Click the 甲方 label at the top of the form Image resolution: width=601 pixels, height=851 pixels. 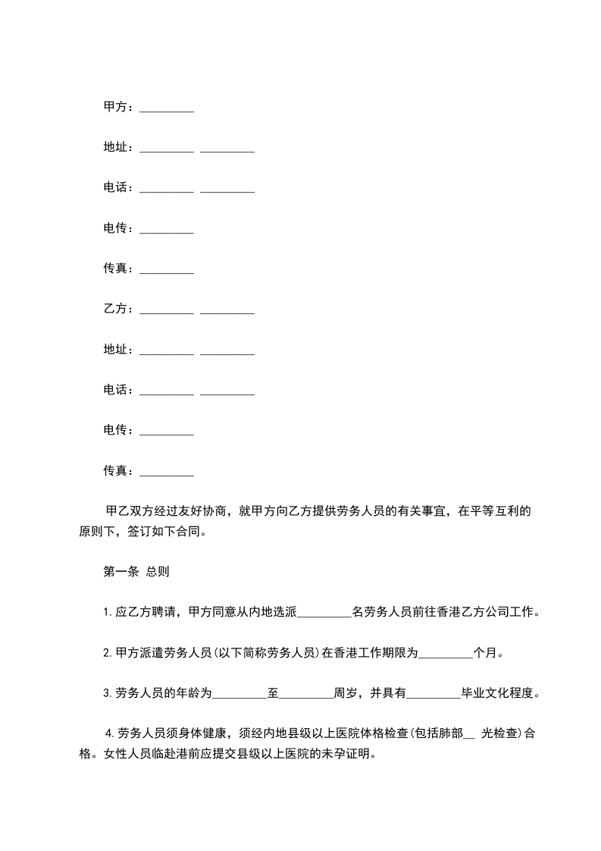click(115, 108)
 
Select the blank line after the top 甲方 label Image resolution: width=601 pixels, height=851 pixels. click(167, 109)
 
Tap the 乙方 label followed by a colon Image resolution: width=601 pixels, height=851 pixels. click(115, 309)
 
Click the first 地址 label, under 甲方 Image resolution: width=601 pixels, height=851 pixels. click(115, 148)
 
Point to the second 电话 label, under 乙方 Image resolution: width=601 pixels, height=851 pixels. click(115, 390)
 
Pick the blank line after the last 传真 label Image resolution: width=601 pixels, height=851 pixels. click(167, 473)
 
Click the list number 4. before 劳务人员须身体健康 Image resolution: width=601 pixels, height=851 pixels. click(111, 733)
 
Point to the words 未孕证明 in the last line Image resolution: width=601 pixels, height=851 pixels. click(347, 755)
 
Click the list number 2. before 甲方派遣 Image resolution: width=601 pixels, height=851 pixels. click(108, 653)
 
